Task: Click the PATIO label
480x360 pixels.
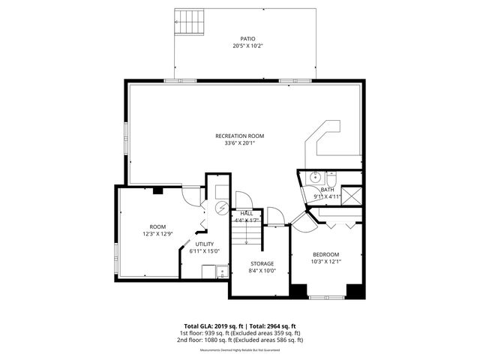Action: [247, 38]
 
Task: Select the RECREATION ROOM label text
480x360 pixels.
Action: [239, 136]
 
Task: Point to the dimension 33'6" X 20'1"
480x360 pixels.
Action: [239, 143]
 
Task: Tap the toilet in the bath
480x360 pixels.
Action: [332, 178]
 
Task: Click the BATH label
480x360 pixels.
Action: [327, 190]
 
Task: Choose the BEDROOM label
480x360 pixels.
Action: [325, 254]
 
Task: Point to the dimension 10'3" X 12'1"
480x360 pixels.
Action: [325, 262]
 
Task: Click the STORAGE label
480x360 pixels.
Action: [262, 263]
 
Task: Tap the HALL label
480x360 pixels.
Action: [246, 214]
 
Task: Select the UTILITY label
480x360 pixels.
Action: [205, 244]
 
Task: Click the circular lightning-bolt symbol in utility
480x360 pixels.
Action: [221, 208]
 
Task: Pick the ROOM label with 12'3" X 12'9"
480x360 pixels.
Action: [157, 226]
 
